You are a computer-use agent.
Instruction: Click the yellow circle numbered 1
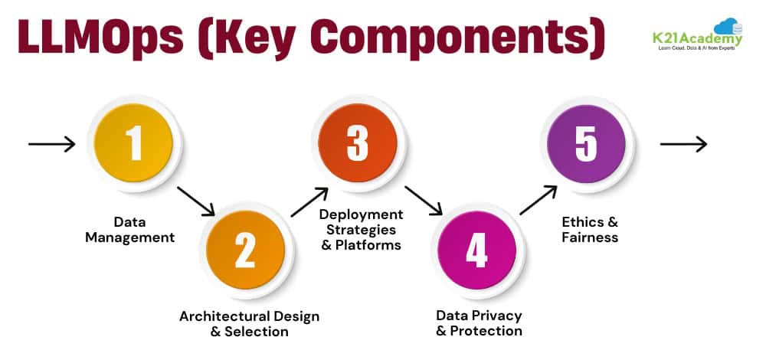(135, 143)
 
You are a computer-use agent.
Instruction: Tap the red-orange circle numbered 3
(358, 143)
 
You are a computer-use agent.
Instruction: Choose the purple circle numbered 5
(586, 143)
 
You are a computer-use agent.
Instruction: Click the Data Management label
(129, 230)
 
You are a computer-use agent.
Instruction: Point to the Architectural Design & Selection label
(249, 324)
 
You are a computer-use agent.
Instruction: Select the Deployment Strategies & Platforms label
(361, 230)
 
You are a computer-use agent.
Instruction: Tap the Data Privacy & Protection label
(479, 323)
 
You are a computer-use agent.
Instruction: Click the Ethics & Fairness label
(590, 230)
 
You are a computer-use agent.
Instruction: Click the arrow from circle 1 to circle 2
(195, 200)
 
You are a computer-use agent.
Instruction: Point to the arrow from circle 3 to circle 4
(424, 200)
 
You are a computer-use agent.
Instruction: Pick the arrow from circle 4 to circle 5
(538, 200)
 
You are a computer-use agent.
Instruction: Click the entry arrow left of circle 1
(52, 143)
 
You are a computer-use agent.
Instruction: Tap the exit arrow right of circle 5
(683, 143)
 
